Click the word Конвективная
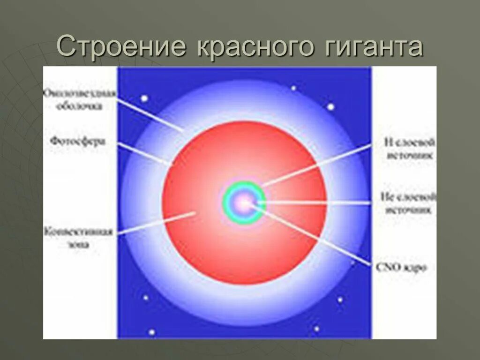click(x=78, y=232)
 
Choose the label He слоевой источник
click(x=410, y=203)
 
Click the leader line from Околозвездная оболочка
click(x=150, y=112)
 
